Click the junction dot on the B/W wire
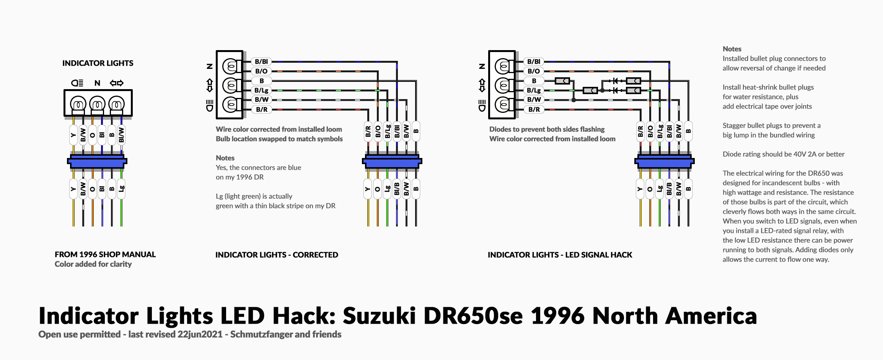point(573,100)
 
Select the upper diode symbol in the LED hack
point(615,81)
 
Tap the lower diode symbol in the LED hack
point(615,90)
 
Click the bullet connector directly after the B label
point(562,81)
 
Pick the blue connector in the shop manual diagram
point(97,161)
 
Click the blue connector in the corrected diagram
point(392,161)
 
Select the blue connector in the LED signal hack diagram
point(664,161)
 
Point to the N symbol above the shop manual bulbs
point(97,83)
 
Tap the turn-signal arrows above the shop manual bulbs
point(117,83)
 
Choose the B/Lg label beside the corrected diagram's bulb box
point(262,90)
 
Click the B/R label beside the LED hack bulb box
point(534,109)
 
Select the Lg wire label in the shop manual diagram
point(121,189)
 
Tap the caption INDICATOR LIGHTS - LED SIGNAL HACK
point(560,255)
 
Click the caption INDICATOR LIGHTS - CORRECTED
point(277,255)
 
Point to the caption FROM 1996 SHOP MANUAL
point(105,254)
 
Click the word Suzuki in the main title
point(379,316)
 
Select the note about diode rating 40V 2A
point(784,154)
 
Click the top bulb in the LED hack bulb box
point(503,67)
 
